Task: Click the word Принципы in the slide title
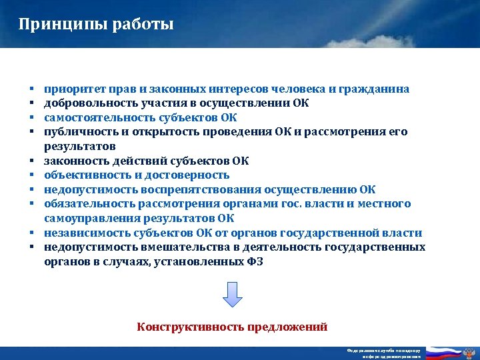click(53, 25)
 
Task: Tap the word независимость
click(84, 233)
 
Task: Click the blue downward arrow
click(231, 294)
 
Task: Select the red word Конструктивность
click(190, 327)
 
